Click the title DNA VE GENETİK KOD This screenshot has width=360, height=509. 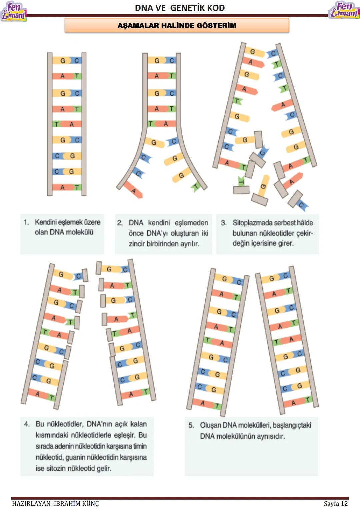180,8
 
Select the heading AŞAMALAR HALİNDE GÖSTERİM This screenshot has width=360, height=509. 177,25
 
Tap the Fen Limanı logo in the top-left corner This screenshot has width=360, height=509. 13,11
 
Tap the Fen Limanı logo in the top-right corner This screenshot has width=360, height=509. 344,10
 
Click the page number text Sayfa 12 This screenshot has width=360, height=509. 335,503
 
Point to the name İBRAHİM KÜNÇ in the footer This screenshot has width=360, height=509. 76,503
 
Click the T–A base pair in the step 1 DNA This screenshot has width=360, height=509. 67,124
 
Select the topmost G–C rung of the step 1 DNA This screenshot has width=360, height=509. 67,61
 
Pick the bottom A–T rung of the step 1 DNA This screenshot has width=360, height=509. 67,187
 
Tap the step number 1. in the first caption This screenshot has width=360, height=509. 26,222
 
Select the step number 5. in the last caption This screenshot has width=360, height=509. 191,425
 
